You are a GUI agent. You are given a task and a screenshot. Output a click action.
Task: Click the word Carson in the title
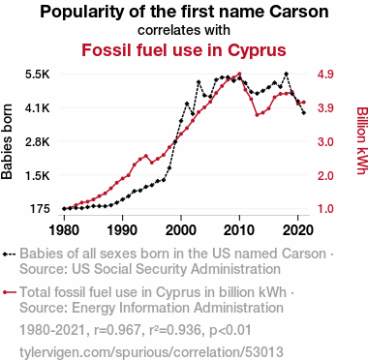[x=299, y=12]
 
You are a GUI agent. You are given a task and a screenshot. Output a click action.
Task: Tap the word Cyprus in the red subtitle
[x=257, y=51]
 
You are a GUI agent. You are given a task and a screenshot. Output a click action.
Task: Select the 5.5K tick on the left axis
[x=38, y=75]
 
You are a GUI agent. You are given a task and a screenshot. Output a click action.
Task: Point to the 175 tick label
[x=40, y=209]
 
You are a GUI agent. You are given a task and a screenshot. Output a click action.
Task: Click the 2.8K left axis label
[x=38, y=142]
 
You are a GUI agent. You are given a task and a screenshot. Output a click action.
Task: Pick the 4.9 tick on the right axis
[x=325, y=75]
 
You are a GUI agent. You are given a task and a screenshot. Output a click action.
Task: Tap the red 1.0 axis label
[x=325, y=209]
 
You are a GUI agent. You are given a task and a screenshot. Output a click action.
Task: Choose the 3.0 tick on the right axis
[x=325, y=142]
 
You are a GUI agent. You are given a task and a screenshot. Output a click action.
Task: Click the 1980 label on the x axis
[x=64, y=230]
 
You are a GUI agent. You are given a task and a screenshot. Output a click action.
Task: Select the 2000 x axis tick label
[x=181, y=230]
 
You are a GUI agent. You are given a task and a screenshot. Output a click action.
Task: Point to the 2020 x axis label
[x=297, y=230]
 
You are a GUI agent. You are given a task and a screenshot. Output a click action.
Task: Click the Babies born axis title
[x=7, y=141]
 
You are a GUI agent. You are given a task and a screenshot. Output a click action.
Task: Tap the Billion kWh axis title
[x=361, y=140]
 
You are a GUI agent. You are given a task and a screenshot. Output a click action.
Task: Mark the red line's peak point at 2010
[x=239, y=74]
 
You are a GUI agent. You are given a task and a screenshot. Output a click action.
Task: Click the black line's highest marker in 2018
[x=286, y=74]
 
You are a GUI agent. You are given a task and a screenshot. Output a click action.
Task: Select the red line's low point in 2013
[x=257, y=115]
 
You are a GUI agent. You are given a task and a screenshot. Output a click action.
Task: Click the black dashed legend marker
[x=9, y=254]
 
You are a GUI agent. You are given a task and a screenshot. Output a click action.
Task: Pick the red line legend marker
[x=9, y=292]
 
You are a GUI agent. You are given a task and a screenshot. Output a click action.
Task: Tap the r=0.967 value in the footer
[x=117, y=330]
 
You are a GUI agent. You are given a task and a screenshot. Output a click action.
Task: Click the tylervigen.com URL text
[x=151, y=351]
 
